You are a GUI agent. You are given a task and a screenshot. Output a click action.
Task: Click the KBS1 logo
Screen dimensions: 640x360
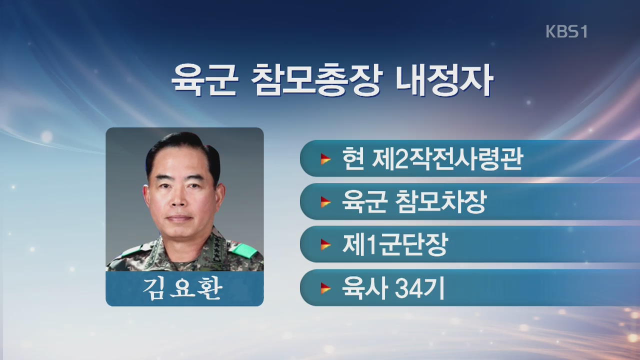[566, 31]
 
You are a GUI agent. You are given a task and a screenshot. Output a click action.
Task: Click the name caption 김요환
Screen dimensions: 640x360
[182, 288]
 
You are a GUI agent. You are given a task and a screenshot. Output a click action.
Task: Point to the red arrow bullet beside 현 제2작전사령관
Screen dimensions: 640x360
[325, 159]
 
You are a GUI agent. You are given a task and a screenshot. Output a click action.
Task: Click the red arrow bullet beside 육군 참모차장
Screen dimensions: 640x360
[325, 202]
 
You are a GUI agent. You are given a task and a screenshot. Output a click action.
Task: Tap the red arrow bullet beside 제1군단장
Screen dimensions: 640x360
[325, 244]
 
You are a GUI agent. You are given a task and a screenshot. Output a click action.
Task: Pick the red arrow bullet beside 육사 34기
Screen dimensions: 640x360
[325, 288]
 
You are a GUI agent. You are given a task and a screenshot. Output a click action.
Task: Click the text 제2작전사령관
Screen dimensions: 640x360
[447, 159]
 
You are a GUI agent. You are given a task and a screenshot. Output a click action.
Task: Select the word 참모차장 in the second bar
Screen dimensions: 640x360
[441, 201]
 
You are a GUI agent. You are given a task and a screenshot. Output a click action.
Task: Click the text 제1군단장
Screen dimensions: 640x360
[395, 244]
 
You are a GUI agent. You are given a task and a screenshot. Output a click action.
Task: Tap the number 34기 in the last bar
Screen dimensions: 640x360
[419, 288]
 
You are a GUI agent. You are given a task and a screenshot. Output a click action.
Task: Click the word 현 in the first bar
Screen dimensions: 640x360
[353, 158]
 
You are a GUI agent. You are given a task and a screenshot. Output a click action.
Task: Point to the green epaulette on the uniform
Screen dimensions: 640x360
[243, 250]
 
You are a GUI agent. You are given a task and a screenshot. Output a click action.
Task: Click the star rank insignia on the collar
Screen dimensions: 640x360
[219, 249]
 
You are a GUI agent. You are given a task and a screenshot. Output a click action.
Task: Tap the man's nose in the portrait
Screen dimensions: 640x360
[179, 199]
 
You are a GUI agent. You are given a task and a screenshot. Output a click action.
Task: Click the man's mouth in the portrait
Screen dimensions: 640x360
[179, 218]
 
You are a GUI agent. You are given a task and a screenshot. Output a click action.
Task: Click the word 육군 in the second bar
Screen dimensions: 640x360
[364, 201]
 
